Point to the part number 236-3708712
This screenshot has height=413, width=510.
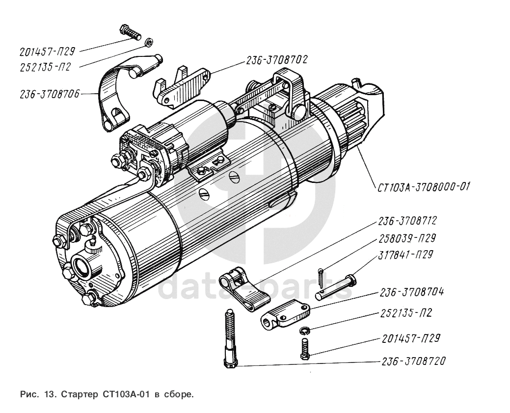407,221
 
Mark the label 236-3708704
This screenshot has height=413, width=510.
411,292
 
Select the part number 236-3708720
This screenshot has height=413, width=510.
413,361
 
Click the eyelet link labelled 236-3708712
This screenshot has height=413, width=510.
243,290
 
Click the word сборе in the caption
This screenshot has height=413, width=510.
177,394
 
